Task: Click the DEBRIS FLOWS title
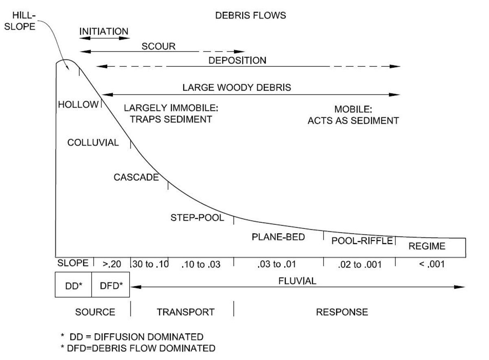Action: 251,16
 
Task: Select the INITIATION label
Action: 104,31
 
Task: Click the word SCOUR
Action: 159,46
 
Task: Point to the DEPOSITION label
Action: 237,61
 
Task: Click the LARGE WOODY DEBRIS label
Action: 237,87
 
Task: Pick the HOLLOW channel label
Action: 78,105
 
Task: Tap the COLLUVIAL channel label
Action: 93,143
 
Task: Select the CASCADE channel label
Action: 136,178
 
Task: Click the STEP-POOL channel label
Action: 197,218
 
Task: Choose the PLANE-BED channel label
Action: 278,237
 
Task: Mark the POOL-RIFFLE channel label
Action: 362,241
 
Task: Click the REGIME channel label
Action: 427,246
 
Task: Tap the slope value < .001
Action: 432,264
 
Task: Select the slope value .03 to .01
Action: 277,265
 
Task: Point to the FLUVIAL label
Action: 297,281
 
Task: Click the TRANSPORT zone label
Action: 185,312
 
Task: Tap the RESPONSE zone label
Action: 342,312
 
